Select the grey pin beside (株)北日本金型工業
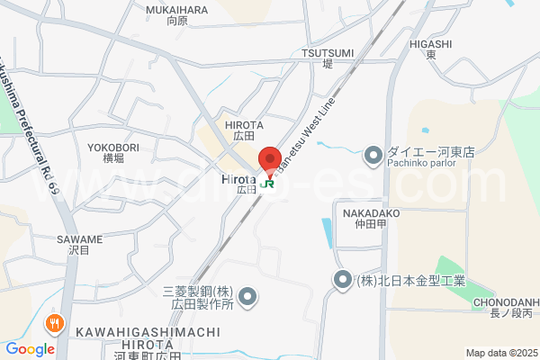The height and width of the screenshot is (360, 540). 343,281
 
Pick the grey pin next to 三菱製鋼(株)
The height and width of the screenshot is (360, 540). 250,296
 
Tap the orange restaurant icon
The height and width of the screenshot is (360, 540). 56,323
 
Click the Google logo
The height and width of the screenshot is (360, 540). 30,349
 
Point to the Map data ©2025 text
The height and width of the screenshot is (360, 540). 499,353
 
